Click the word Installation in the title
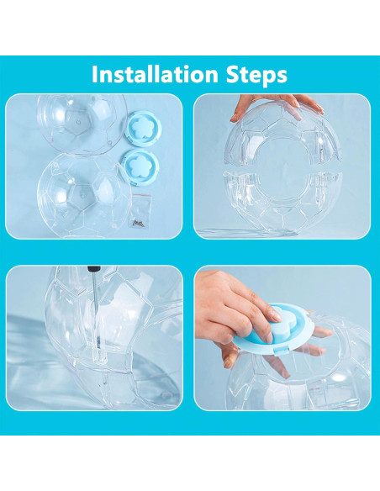155,74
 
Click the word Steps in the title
256,75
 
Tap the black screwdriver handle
94,269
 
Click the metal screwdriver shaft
96,313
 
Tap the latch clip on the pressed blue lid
279,351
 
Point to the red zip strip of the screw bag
141,196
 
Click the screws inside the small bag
138,223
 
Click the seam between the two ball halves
282,169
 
